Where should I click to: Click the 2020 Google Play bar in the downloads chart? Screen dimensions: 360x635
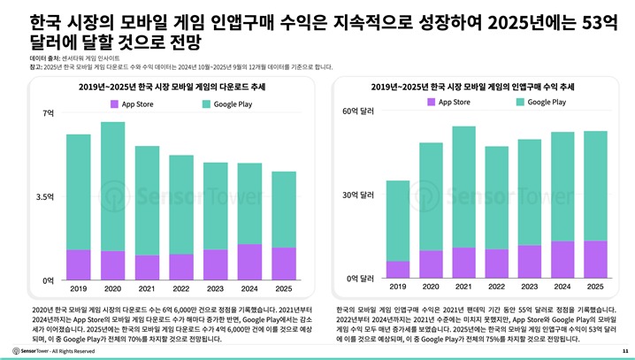coord(112,186)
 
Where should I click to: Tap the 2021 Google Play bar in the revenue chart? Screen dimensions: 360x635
coord(463,187)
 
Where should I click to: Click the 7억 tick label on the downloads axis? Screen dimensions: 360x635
coord(48,114)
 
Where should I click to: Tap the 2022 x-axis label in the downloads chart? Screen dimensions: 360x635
coord(181,288)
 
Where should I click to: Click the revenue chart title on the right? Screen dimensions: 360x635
coord(485,87)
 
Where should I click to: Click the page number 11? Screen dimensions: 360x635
coord(625,351)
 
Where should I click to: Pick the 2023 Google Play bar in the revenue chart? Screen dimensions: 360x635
coord(530,192)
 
